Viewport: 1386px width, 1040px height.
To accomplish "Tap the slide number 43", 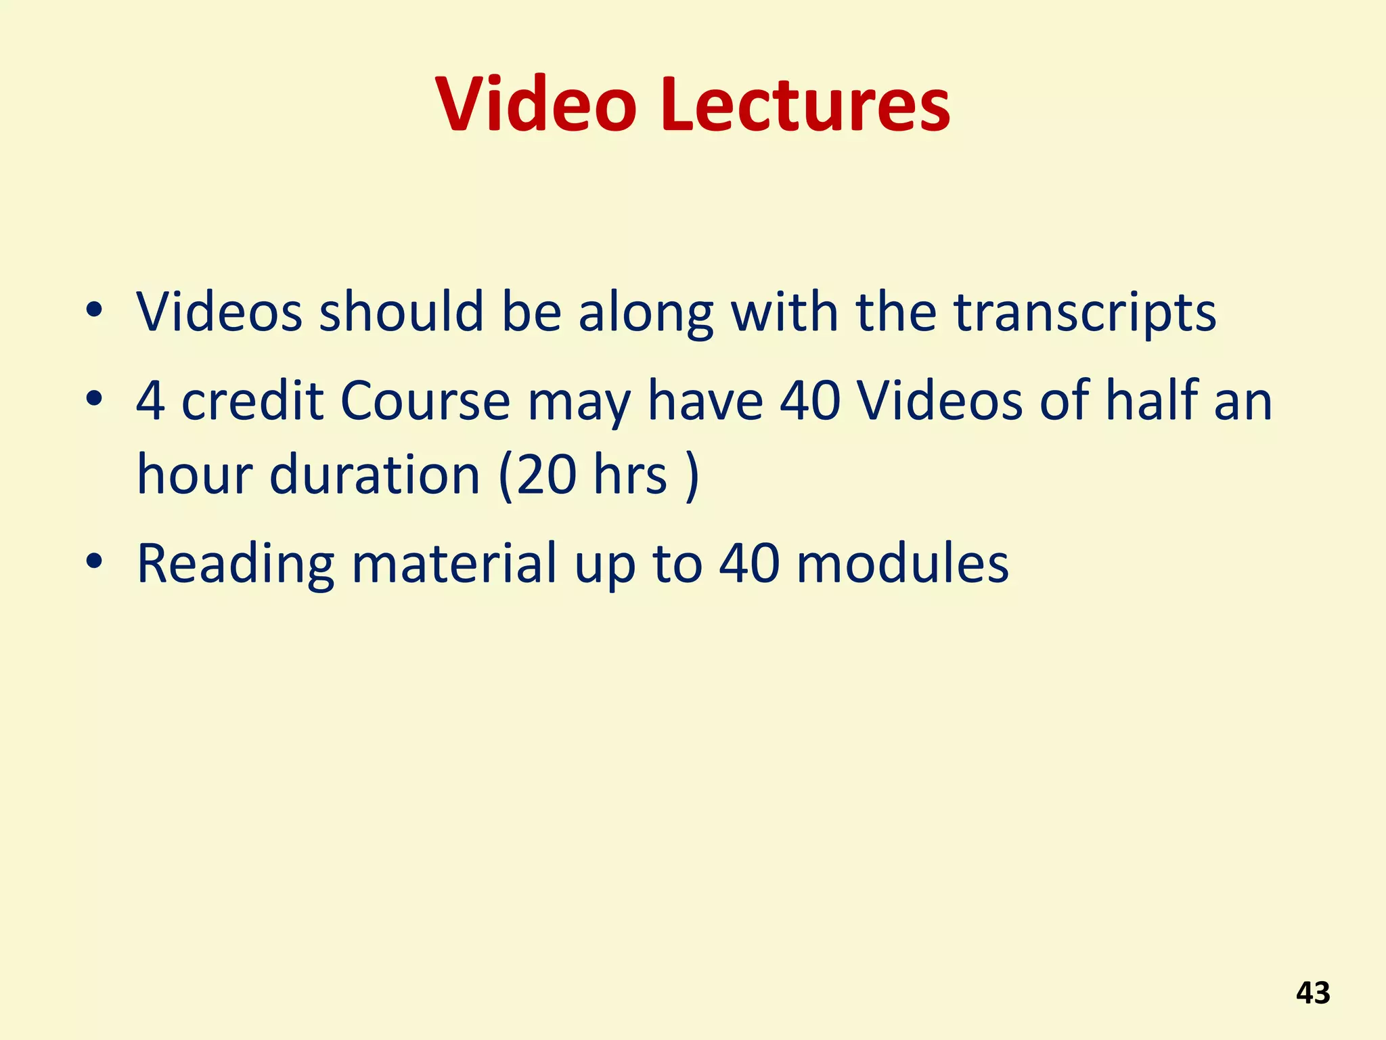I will pyautogui.click(x=1313, y=993).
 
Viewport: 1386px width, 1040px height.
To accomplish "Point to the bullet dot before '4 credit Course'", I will pyautogui.click(x=94, y=399).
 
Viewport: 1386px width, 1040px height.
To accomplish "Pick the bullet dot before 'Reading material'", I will pyautogui.click(x=94, y=562).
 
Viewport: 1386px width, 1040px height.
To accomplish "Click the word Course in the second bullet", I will pyautogui.click(x=425, y=401).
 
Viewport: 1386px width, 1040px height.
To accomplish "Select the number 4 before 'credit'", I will pyautogui.click(x=150, y=401).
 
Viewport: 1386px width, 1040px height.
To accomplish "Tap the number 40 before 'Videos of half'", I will pyautogui.click(x=810, y=401).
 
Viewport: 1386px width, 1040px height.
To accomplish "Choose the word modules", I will pyautogui.click(x=903, y=563).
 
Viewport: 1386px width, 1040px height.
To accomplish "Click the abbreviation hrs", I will pyautogui.click(x=630, y=475).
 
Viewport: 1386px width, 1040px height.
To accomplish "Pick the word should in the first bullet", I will pyautogui.click(x=401, y=313).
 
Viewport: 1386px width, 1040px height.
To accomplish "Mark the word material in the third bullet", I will pyautogui.click(x=454, y=563).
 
